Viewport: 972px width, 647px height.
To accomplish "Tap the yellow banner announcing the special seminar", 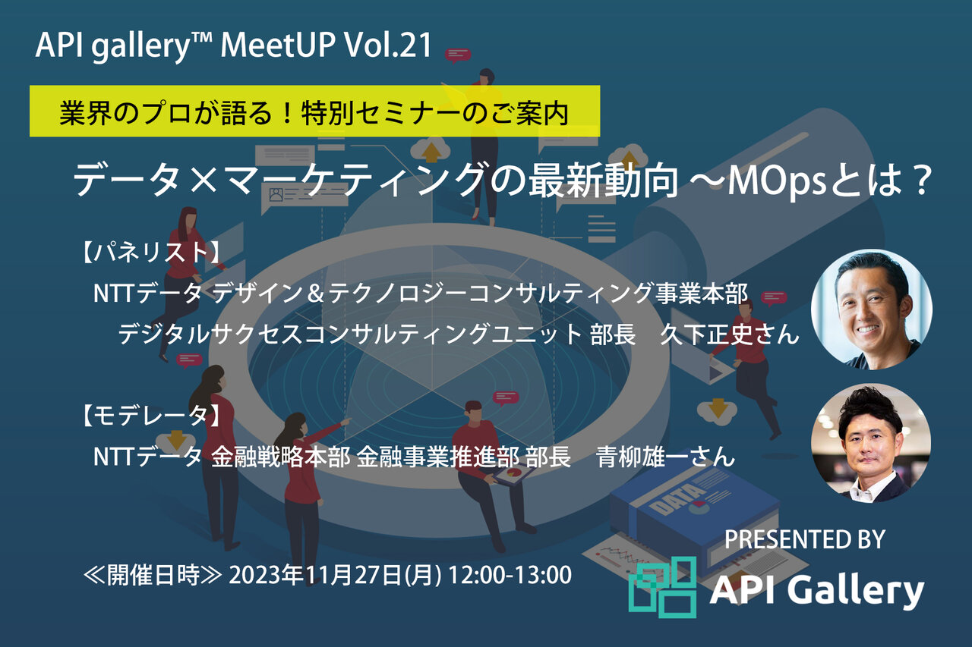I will click(x=314, y=111).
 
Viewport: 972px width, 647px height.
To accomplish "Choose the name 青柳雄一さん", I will click(x=666, y=457).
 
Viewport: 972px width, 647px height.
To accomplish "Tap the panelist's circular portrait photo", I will click(x=871, y=309).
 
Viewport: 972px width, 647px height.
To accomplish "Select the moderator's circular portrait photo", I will click(x=871, y=443).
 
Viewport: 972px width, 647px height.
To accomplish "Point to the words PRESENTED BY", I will click(x=804, y=539).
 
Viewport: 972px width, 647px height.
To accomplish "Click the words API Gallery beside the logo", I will click(x=816, y=591).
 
